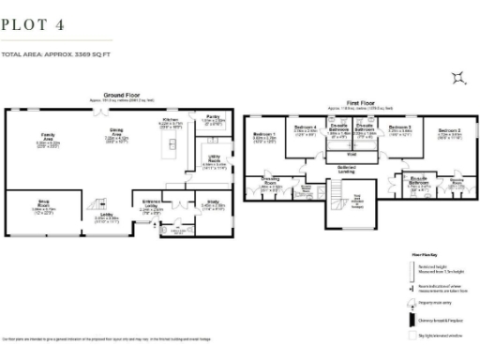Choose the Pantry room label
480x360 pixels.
point(213,119)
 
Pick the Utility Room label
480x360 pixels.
point(214,161)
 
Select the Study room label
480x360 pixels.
point(215,202)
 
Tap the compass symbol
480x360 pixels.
point(457,78)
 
